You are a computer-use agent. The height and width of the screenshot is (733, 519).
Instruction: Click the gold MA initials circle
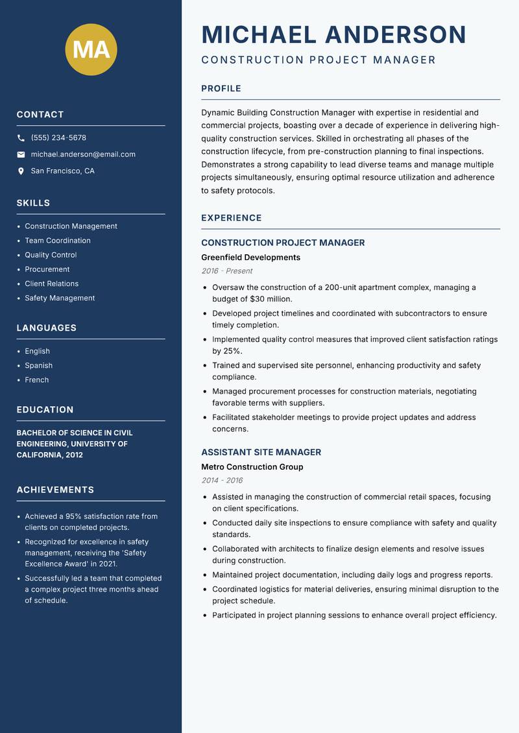91,49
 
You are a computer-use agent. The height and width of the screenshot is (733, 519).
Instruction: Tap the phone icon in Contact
21,138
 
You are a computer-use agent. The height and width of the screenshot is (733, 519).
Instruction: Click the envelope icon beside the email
21,154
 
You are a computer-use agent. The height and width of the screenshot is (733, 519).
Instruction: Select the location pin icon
21,171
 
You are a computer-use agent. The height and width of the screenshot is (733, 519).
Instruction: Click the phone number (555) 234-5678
58,138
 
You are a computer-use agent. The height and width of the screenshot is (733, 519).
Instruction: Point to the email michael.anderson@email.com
83,154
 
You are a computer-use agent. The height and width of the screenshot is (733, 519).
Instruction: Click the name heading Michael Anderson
333,34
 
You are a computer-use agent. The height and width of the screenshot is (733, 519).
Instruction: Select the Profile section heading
221,89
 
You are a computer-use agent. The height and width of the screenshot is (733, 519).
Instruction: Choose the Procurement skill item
47,269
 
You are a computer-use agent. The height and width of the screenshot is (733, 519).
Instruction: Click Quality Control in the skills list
51,255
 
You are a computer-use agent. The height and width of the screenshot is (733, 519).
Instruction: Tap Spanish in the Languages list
39,366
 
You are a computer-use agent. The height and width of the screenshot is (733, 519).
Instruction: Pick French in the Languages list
37,380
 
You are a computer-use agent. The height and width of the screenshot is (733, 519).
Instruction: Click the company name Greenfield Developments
250,258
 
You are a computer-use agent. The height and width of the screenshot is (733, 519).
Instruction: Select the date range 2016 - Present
226,271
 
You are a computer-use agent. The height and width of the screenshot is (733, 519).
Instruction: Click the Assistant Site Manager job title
261,452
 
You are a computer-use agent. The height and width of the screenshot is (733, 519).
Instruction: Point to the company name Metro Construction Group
252,467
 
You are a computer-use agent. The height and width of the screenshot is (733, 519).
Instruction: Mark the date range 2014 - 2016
222,481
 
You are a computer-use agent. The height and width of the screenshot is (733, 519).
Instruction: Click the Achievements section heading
55,490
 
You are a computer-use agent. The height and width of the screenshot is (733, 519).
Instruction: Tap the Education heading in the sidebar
45,410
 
